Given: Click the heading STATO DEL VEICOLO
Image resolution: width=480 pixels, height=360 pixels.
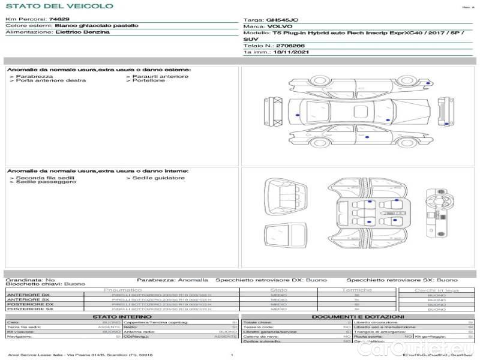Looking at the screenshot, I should point(59,6).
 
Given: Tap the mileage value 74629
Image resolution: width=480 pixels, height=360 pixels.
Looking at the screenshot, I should point(59,20).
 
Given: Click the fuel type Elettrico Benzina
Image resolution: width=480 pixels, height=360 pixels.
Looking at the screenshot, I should point(82,32).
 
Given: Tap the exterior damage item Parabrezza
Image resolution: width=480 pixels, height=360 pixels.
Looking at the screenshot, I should point(34,76).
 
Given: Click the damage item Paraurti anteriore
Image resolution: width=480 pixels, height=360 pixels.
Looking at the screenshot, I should point(160,76).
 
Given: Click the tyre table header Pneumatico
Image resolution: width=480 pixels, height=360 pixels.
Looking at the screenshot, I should point(122,290).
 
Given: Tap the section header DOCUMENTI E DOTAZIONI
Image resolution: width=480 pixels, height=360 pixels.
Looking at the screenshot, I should point(358,317).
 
